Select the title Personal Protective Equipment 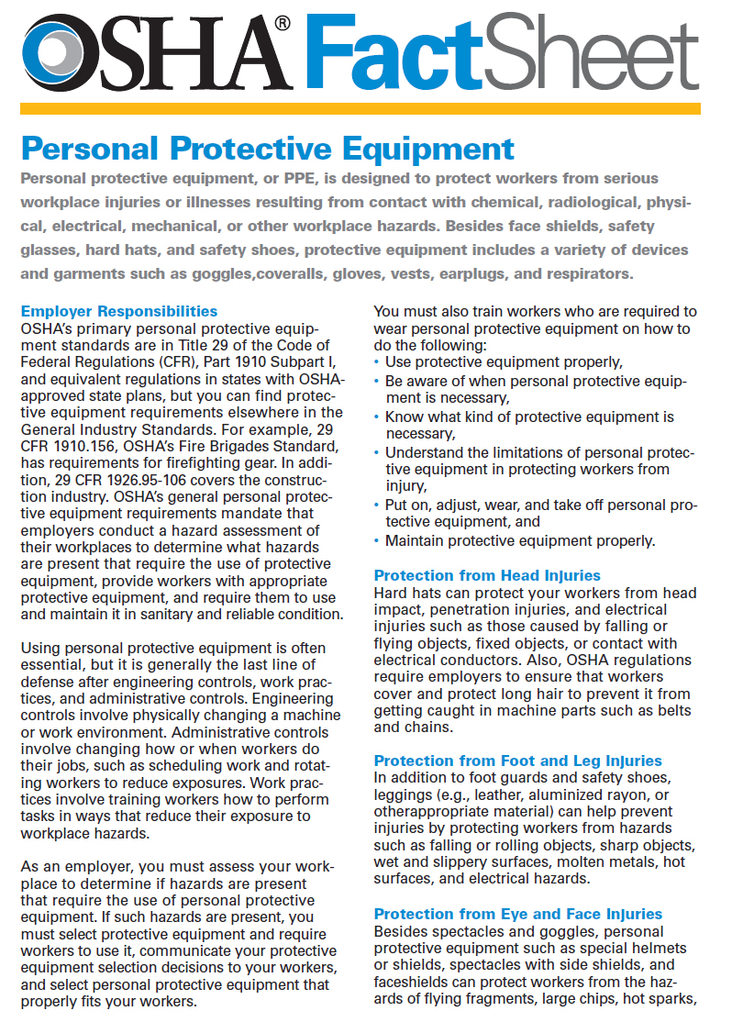coord(267,148)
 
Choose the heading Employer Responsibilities coord(119,311)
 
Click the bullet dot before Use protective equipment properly coord(378,362)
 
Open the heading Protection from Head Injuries coord(487,575)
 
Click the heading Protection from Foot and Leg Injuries coord(517,761)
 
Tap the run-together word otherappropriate coord(430,811)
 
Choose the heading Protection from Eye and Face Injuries coord(517,914)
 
